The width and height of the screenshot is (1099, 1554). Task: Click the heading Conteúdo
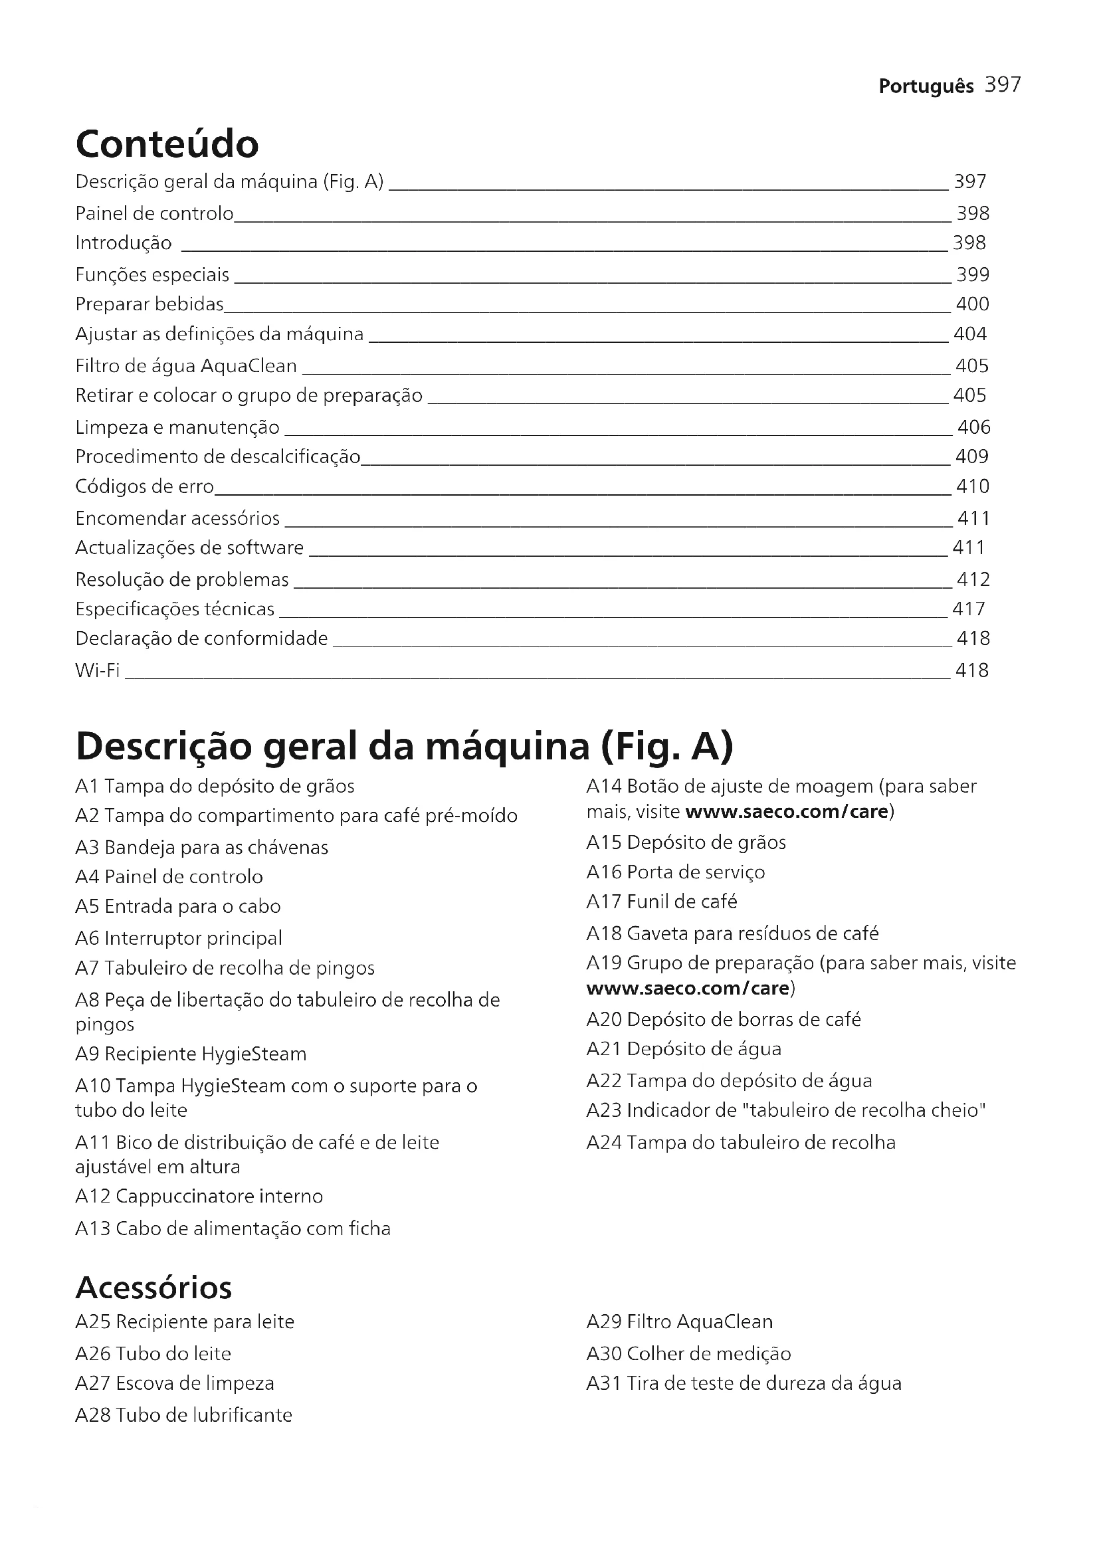point(167,144)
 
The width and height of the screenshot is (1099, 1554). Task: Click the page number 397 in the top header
point(1002,85)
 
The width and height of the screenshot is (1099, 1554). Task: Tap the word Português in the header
point(926,86)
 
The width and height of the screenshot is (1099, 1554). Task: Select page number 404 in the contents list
point(969,334)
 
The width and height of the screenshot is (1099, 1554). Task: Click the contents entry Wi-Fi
point(98,670)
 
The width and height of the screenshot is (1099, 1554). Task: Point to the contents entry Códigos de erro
point(144,486)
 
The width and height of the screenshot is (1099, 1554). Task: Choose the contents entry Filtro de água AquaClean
point(186,366)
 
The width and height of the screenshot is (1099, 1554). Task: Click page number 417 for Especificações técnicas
point(968,609)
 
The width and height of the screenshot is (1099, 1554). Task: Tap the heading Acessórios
point(153,1288)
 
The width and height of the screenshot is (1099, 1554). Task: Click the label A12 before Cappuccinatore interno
point(93,1196)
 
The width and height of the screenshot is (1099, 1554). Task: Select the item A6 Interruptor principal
point(179,938)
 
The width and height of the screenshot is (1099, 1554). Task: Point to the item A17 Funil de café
point(661,902)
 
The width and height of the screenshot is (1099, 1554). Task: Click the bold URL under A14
point(786,811)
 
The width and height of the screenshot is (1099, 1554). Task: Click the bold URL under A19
point(688,988)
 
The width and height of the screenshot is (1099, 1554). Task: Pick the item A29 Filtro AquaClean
point(679,1322)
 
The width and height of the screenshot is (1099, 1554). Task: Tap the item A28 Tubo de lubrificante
point(183,1415)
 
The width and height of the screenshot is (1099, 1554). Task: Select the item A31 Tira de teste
point(743,1383)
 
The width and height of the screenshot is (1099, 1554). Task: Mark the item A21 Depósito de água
point(684,1049)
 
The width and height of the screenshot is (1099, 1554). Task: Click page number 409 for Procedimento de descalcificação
point(972,457)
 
